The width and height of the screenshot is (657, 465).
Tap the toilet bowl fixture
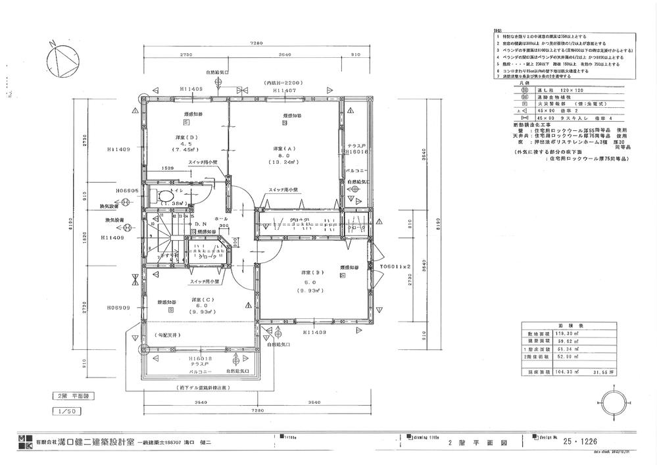163,196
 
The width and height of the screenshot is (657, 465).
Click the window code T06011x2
395,266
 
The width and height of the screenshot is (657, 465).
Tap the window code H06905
126,190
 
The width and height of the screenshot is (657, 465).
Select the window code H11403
316,333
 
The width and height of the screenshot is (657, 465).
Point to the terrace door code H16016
356,151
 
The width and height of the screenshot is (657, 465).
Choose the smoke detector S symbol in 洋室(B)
343,276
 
